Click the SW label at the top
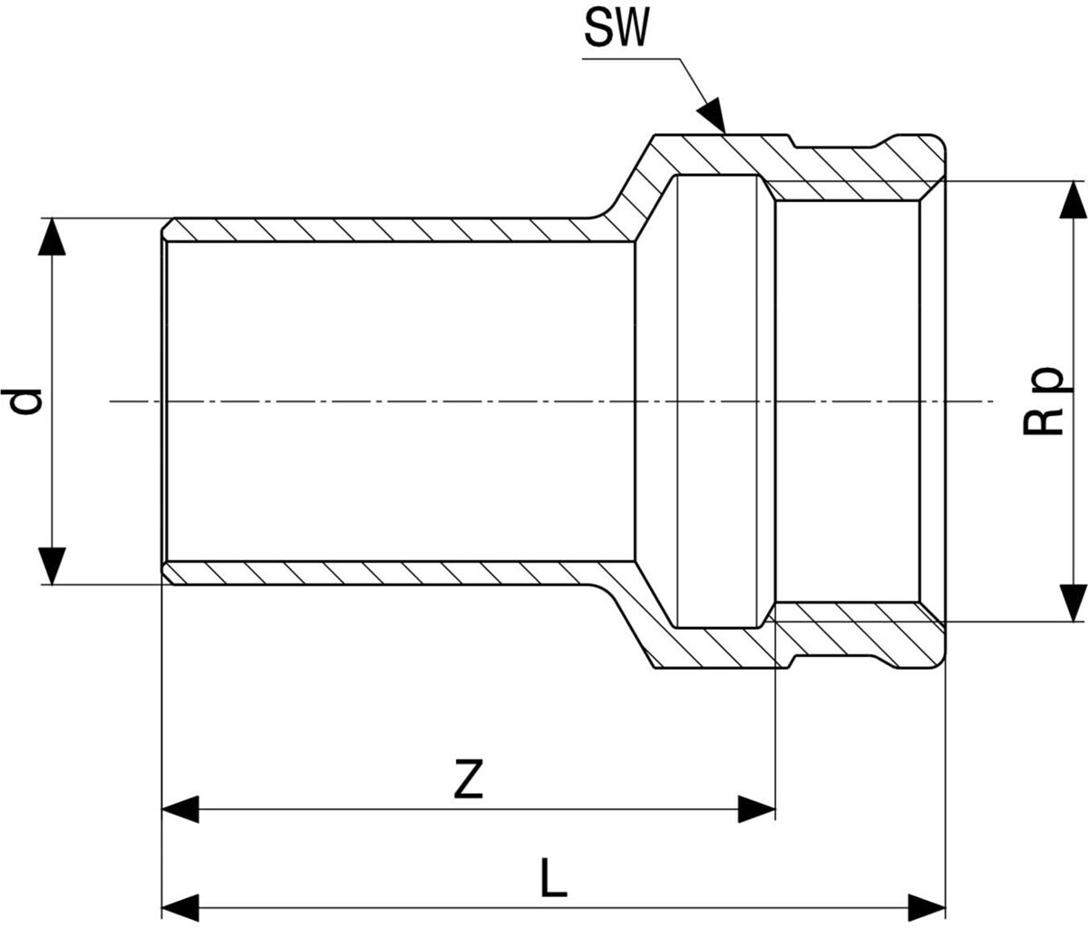coord(616,28)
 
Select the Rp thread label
coord(1042,401)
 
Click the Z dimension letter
coord(468,778)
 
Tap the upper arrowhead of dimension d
coord(52,236)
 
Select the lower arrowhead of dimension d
coord(52,566)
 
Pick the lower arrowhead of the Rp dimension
coord(1073,603)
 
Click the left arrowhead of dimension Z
coord(180,809)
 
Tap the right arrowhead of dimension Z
coord(756,809)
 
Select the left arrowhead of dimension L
coord(180,908)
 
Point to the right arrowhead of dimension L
coord(927,908)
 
